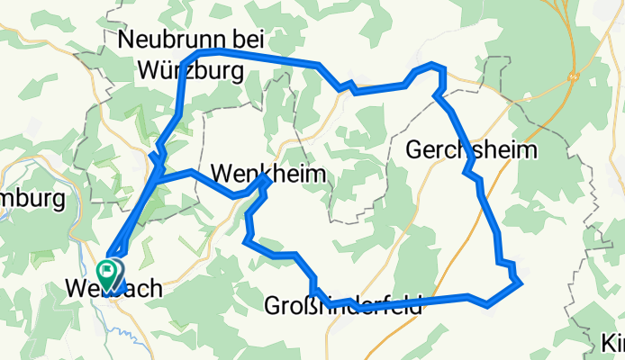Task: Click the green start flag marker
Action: pos(109,269)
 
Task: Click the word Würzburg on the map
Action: pos(191,69)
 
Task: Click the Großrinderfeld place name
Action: pos(342,307)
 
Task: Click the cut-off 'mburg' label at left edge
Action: pos(32,197)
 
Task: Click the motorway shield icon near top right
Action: pos(574,78)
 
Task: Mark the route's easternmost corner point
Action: pos(521,283)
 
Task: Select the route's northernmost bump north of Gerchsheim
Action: pos(433,65)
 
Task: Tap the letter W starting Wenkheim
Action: pos(221,173)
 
